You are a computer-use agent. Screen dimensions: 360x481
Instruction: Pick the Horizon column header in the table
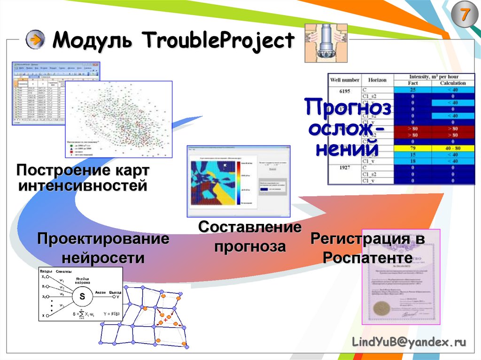point(377,80)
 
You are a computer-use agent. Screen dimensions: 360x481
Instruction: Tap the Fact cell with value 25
point(412,90)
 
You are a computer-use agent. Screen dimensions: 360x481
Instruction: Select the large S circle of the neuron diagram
point(82,297)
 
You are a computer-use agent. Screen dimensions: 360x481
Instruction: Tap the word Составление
point(249,228)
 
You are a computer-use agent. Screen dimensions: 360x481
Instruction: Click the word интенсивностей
point(83,186)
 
